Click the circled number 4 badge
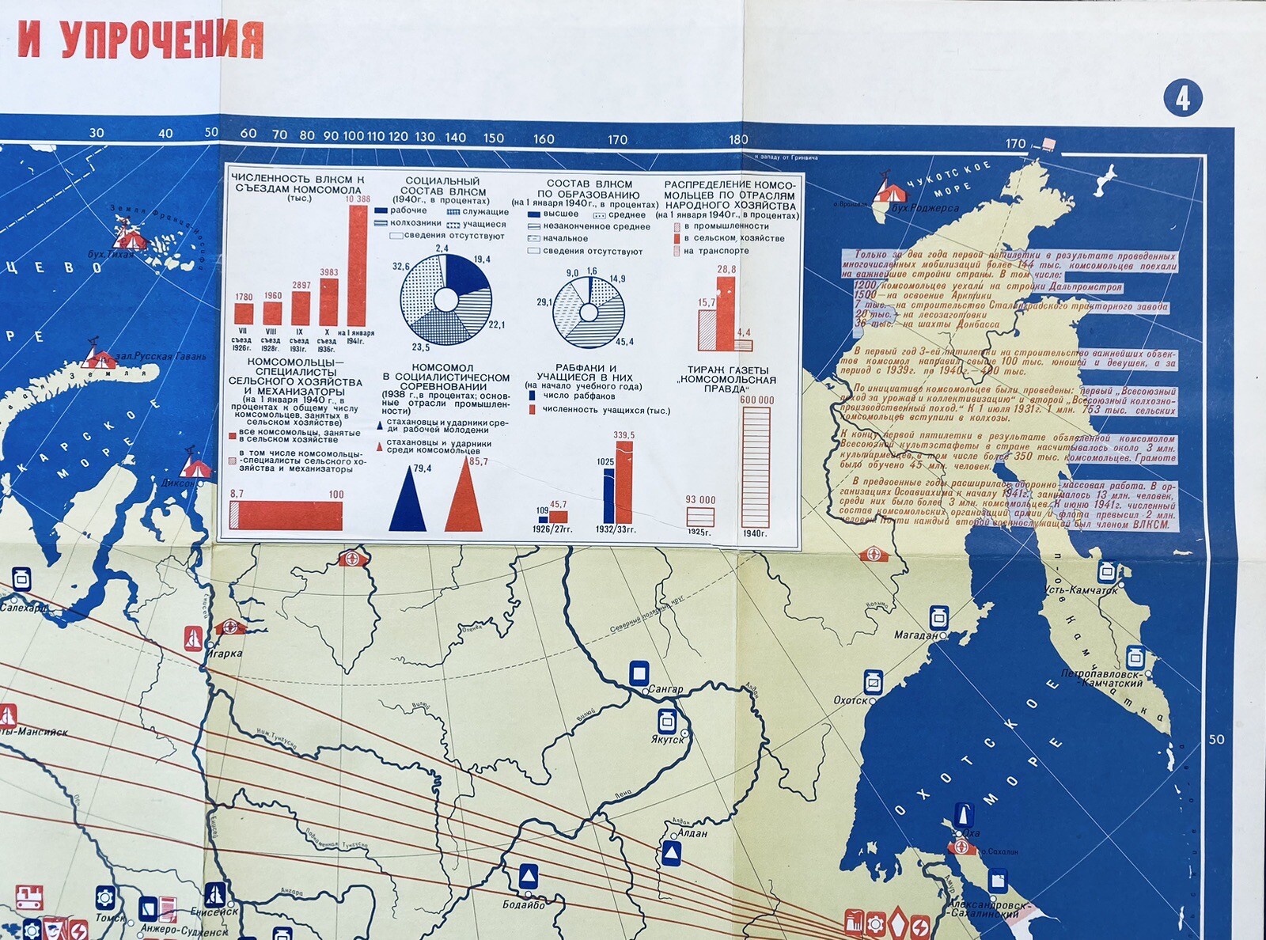point(1182,99)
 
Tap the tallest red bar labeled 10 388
point(358,265)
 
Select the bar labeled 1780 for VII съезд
point(243,314)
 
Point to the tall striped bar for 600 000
point(756,467)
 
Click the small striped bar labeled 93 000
point(699,517)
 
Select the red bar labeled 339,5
point(624,483)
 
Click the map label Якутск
point(666,740)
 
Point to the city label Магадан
point(915,635)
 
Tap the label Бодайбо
point(523,904)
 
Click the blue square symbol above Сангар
point(639,673)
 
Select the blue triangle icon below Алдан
point(671,853)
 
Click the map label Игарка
point(226,654)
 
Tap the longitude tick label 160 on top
point(544,139)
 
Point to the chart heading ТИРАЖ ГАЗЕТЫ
point(727,370)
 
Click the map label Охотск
point(851,700)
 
